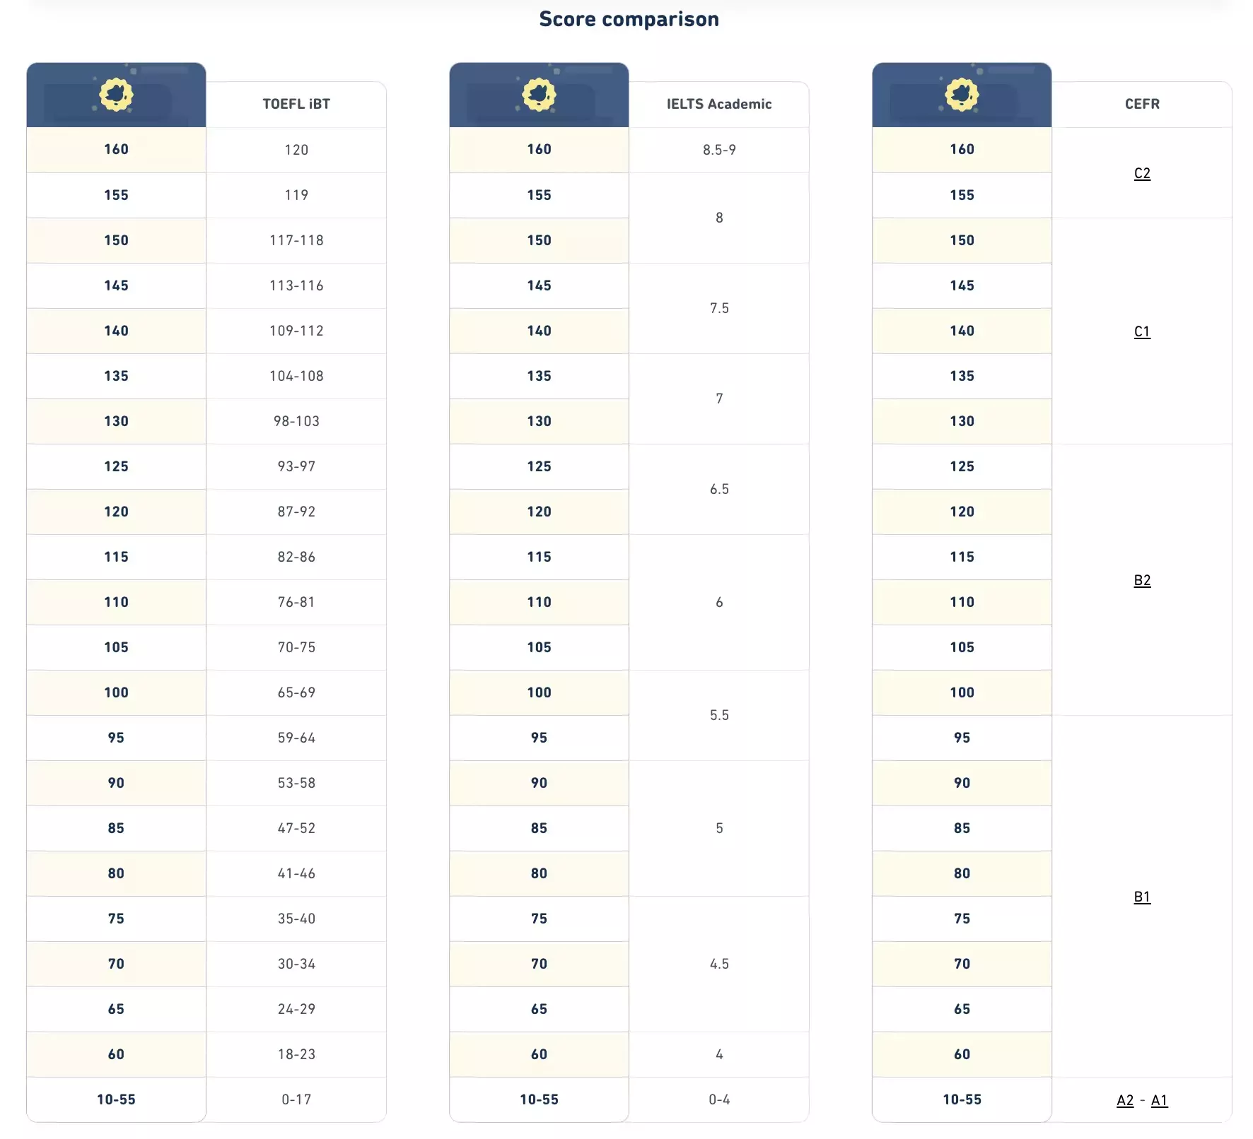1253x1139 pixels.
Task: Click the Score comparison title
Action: [629, 19]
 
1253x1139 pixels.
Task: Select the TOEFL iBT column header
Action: [296, 104]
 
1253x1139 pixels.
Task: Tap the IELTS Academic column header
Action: [719, 104]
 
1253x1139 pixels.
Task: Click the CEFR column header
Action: [1142, 104]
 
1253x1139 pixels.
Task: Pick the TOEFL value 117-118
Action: [296, 240]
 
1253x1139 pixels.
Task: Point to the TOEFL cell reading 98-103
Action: [296, 421]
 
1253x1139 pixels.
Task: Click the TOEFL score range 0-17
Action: [296, 1099]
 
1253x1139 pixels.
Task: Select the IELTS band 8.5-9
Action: [719, 150]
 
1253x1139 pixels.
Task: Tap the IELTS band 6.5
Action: [719, 489]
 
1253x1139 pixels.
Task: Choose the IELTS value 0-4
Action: [719, 1099]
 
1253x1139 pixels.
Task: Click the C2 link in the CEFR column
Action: [1142, 173]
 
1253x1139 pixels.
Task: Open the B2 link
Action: [1142, 580]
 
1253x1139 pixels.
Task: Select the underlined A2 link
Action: [1125, 1100]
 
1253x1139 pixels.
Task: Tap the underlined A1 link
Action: [1159, 1100]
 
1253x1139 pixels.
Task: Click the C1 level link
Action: [1142, 331]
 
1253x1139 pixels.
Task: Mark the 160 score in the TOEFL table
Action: [116, 149]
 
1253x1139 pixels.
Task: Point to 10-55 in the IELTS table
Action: [539, 1099]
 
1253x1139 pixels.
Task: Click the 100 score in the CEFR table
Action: [962, 692]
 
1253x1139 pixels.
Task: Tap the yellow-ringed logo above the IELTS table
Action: [539, 94]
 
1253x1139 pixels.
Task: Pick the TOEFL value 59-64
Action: [296, 738]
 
